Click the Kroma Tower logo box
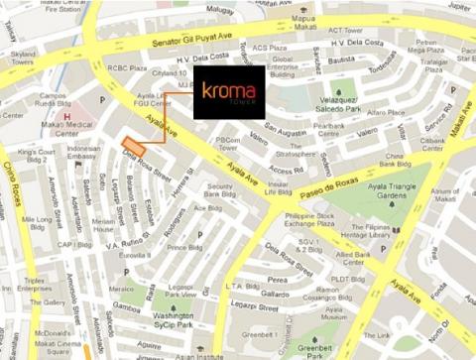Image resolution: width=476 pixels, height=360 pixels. pyautogui.click(x=228, y=91)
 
